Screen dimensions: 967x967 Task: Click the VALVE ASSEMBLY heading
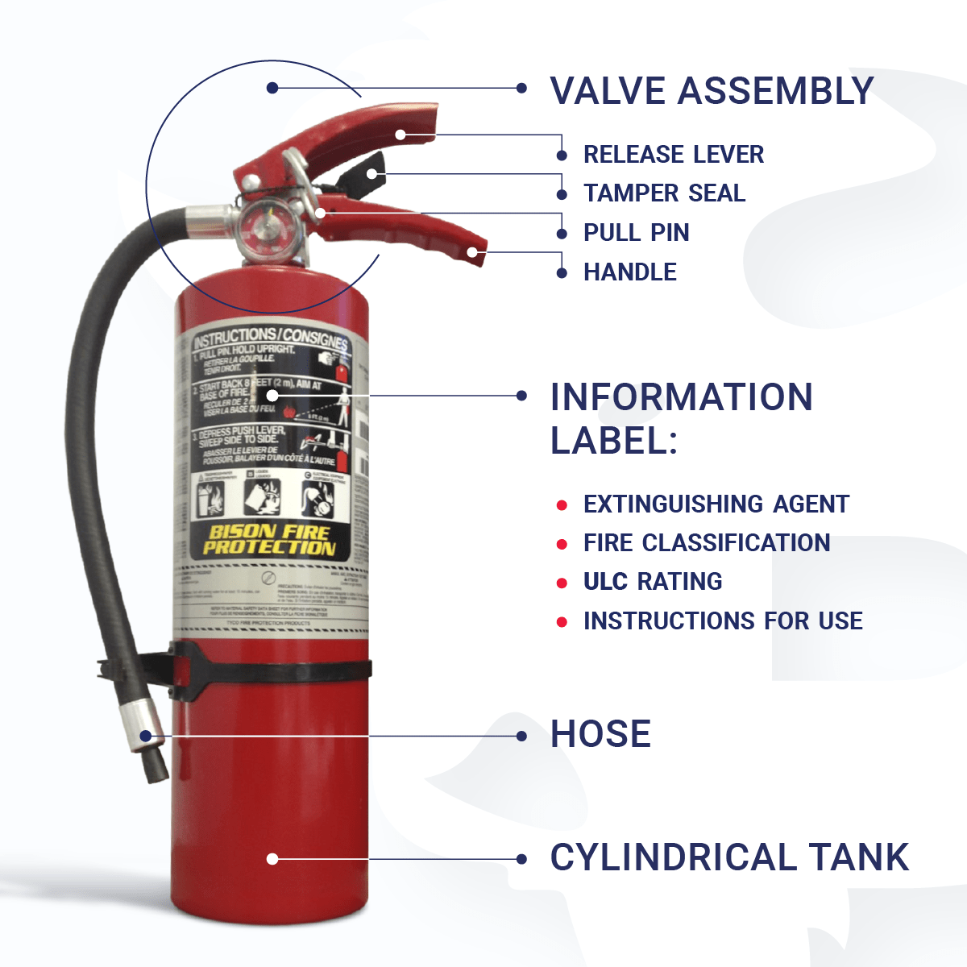tap(711, 90)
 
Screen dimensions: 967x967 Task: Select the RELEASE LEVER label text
tap(673, 154)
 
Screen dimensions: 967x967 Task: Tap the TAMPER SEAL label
tap(664, 193)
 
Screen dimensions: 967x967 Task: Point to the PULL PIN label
tap(636, 233)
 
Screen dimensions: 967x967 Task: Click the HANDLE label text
tap(629, 272)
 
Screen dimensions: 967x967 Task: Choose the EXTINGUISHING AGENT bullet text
tap(716, 504)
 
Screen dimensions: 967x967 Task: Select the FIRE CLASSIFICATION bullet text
tap(706, 543)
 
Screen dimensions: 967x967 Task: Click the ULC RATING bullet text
tap(652, 582)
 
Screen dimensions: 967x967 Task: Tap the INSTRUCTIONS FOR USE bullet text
tap(723, 621)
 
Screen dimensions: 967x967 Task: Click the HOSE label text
tap(600, 734)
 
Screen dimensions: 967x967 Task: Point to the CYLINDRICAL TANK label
tap(729, 857)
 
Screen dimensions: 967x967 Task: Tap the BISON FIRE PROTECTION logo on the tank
tap(269, 540)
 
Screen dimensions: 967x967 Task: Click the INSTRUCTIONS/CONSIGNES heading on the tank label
tap(271, 336)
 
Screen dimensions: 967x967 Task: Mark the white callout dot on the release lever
tap(400, 135)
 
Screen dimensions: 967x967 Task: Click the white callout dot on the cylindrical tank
tap(272, 859)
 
